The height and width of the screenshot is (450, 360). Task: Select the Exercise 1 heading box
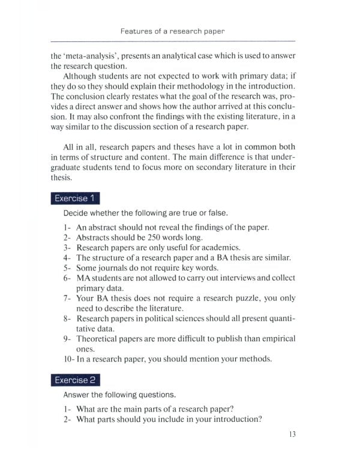click(75, 198)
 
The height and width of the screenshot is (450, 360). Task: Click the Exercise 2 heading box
click(75, 380)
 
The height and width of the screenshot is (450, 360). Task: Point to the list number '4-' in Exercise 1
click(67, 257)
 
